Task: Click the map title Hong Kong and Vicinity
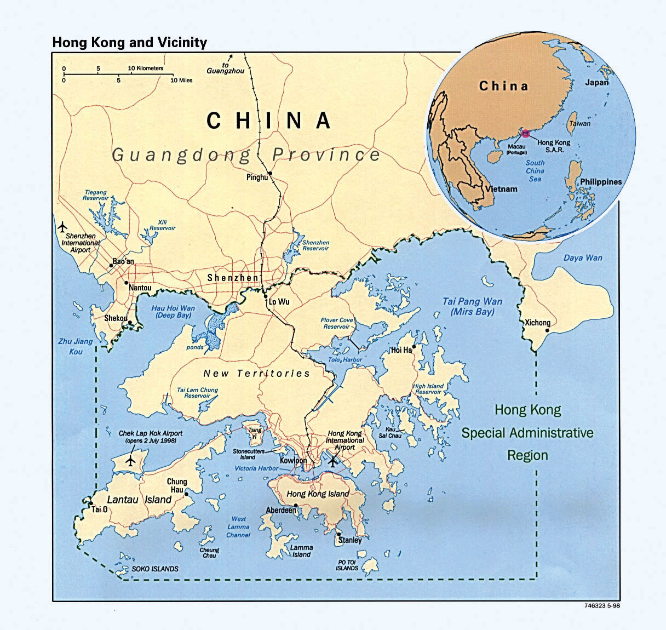pyautogui.click(x=129, y=42)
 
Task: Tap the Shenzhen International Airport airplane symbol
pyautogui.click(x=62, y=225)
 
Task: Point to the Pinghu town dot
pyautogui.click(x=270, y=173)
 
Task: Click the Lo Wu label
pyautogui.click(x=279, y=302)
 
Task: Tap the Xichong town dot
pyautogui.click(x=547, y=330)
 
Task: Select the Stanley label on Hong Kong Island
pyautogui.click(x=350, y=540)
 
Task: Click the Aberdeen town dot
pyautogui.click(x=296, y=505)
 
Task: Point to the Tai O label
pyautogui.click(x=99, y=509)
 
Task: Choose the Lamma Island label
pyautogui.click(x=301, y=551)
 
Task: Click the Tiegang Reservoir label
pyautogui.click(x=95, y=195)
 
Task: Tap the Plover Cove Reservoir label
pyautogui.click(x=336, y=323)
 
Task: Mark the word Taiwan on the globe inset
pyautogui.click(x=579, y=124)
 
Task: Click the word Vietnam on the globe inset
pyautogui.click(x=501, y=189)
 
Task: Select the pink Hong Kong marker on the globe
pyautogui.click(x=525, y=133)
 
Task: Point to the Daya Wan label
pyautogui.click(x=583, y=257)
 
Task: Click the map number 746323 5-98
pyautogui.click(x=602, y=606)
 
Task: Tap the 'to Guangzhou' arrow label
pyautogui.click(x=221, y=67)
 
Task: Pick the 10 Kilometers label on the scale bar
pyautogui.click(x=146, y=68)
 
